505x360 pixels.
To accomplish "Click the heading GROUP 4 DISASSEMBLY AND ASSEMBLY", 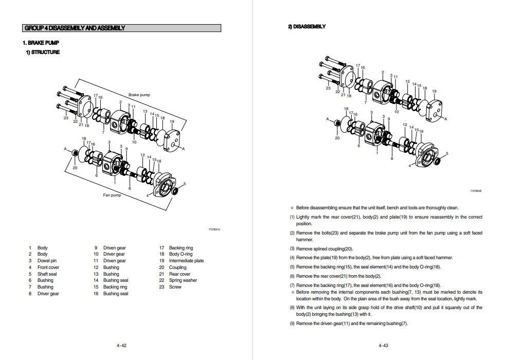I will [x=75, y=28].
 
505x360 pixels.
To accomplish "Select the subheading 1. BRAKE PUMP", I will [x=37, y=43].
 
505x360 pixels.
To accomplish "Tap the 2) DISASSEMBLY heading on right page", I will [x=306, y=27].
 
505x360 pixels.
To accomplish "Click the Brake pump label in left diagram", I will [x=139, y=95].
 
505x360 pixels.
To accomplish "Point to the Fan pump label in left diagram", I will [x=112, y=195].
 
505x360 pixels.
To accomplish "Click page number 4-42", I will [x=121, y=346].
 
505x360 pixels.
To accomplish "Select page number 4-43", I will [x=383, y=346].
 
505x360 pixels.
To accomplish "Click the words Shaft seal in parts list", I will [x=47, y=274].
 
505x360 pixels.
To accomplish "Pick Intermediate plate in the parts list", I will [x=186, y=261].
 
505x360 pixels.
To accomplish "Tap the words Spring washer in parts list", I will [x=183, y=280].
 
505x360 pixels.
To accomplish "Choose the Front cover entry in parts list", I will [x=48, y=267].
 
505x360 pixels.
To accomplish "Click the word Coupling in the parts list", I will [x=178, y=267].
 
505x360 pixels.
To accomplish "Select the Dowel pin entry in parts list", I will [x=47, y=261].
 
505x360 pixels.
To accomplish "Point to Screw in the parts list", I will [x=175, y=287].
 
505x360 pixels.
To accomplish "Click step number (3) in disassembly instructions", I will [x=292, y=249].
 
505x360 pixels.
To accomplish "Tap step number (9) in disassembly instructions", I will [x=292, y=323].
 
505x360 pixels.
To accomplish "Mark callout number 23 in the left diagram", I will [x=66, y=118].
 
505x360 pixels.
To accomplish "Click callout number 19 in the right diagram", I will [x=434, y=92].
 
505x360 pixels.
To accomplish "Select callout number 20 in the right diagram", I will [x=337, y=138].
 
